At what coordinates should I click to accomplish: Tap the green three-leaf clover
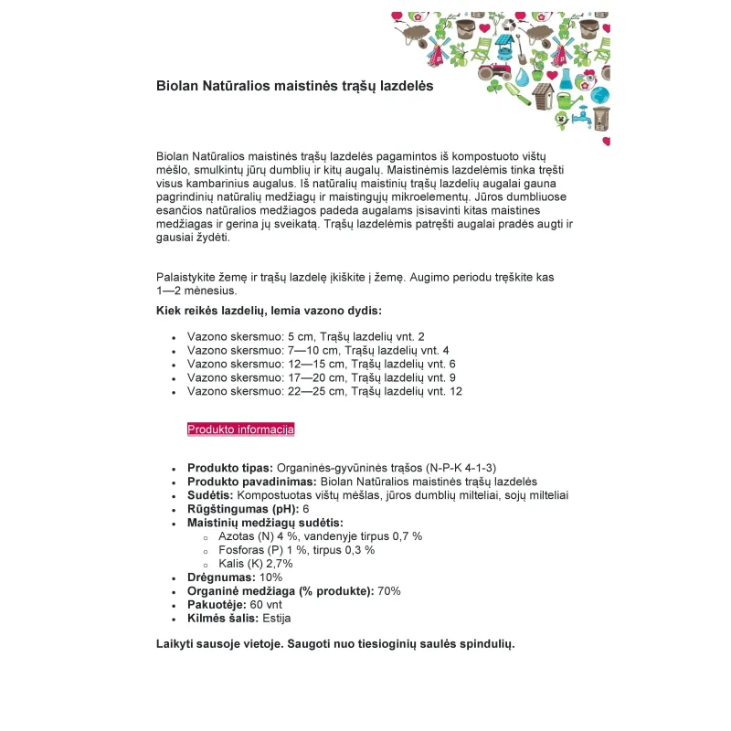[494, 87]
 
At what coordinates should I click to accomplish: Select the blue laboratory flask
[566, 77]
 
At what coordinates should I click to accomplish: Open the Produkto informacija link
[240, 429]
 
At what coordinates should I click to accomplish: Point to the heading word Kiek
[170, 311]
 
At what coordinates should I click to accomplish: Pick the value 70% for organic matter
[388, 591]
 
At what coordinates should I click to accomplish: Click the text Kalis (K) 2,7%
[256, 564]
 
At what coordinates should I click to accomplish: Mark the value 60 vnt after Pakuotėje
[266, 605]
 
